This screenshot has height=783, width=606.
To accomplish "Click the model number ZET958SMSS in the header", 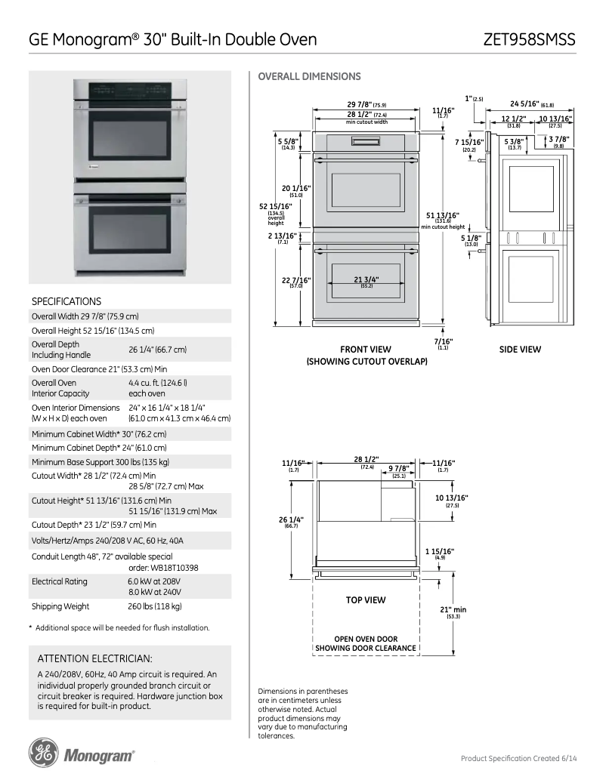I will (x=530, y=39).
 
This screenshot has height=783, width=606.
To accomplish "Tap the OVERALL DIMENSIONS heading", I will (x=309, y=76).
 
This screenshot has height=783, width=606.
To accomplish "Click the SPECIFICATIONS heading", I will (x=66, y=301).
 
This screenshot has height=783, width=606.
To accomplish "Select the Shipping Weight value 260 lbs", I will (x=155, y=606).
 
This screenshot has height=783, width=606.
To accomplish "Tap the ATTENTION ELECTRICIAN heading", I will (x=94, y=658).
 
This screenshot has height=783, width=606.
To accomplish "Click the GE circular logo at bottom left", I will (x=43, y=754).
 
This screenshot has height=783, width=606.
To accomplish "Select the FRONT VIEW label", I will (x=366, y=350).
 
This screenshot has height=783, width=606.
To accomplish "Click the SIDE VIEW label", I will (x=520, y=350).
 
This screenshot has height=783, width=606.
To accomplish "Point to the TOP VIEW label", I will (x=366, y=600).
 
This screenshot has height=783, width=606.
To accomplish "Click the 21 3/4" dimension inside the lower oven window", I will (x=366, y=280).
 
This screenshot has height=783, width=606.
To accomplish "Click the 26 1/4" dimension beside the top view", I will (x=291, y=520).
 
